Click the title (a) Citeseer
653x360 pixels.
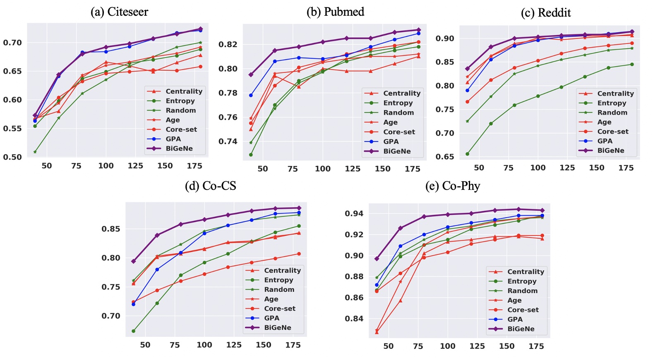point(119,12)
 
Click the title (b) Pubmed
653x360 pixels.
point(335,12)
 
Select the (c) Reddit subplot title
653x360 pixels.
point(545,13)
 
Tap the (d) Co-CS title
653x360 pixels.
point(210,186)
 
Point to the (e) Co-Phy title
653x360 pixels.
point(452,186)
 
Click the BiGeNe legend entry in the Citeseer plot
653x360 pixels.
point(179,149)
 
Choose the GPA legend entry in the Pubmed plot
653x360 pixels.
point(391,142)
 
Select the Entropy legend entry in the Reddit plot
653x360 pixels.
point(611,103)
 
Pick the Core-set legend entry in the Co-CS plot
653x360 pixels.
point(279,309)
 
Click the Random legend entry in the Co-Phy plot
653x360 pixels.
point(522,291)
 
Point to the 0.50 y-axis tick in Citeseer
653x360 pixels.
point(12,157)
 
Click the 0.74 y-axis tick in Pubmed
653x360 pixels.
point(228,142)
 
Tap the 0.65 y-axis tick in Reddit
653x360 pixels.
point(444,157)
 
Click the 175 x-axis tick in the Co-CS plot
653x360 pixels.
point(293,345)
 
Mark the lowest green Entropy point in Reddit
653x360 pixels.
point(467,154)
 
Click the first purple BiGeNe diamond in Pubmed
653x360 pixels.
point(251,75)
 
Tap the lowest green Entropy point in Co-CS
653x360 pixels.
point(133,331)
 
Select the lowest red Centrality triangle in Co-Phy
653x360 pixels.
point(377,332)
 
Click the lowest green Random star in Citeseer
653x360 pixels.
point(35,152)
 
